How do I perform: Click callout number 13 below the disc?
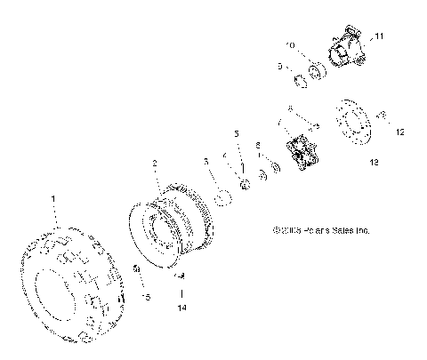[373, 163]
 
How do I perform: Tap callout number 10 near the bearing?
[289, 45]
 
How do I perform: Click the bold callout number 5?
[237, 133]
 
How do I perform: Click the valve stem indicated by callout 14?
[179, 277]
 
